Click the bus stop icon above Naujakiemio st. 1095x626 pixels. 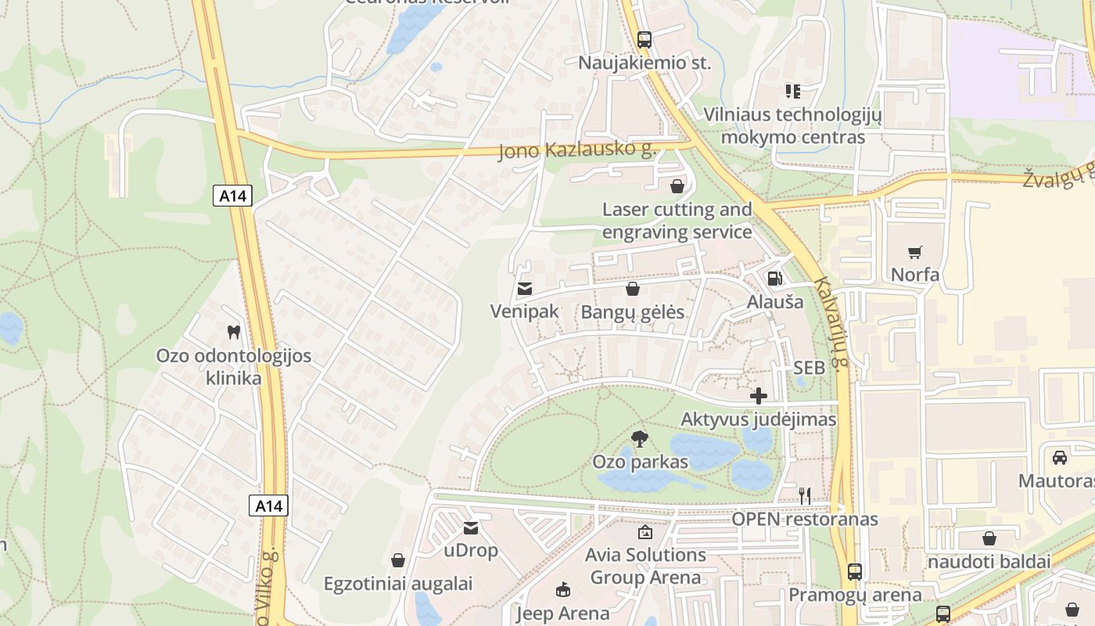click(644, 40)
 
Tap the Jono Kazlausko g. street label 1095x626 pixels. click(576, 149)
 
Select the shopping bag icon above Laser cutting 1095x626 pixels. click(677, 186)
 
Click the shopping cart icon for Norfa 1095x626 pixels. click(915, 252)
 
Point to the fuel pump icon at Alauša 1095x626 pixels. click(774, 278)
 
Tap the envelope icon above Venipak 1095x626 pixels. click(525, 289)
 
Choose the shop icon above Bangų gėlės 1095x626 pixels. click(633, 290)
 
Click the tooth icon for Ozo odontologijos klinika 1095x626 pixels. click(233, 332)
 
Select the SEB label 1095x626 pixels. click(809, 368)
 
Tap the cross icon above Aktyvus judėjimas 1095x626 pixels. click(758, 396)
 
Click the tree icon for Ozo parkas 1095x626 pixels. click(640, 438)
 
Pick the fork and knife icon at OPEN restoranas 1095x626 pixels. click(804, 495)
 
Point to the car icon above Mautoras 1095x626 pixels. click(1060, 457)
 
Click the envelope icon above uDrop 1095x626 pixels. click(471, 528)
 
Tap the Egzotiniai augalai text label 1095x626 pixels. click(398, 584)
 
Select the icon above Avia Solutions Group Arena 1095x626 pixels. click(645, 533)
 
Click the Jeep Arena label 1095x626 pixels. click(562, 613)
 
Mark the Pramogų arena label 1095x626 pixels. click(855, 595)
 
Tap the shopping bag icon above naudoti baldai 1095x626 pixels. click(989, 538)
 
